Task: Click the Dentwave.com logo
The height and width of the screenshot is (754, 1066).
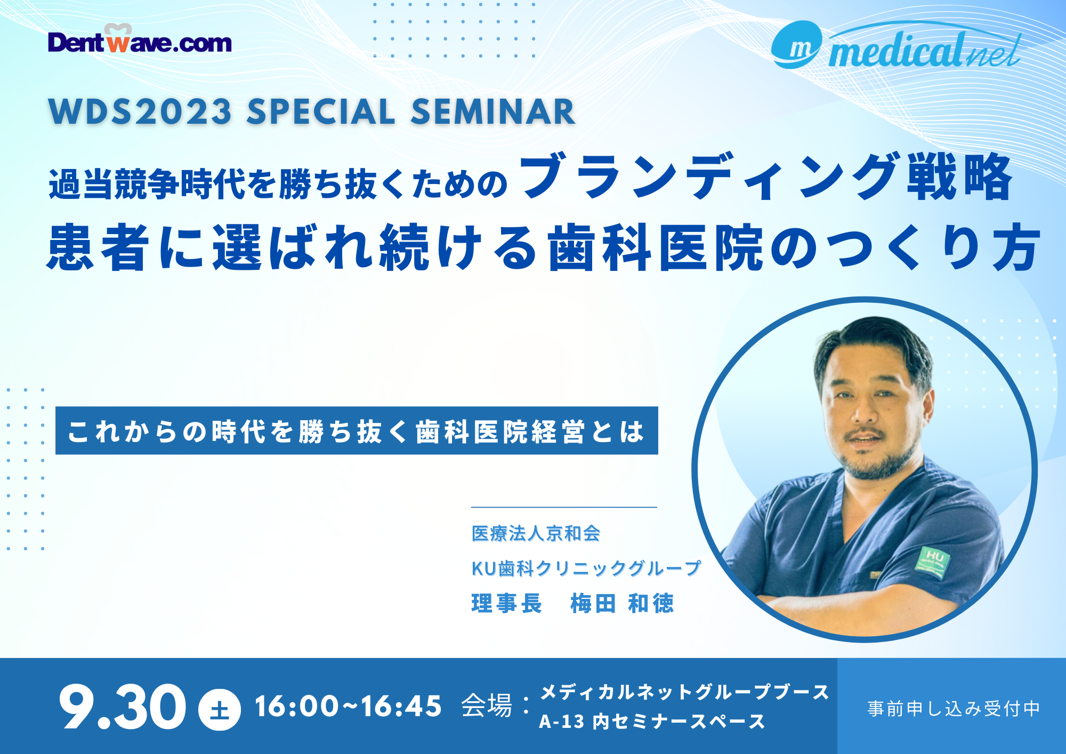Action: click(x=140, y=39)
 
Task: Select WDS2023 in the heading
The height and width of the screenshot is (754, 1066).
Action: click(x=140, y=112)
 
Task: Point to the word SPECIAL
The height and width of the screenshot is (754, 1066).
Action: click(x=321, y=112)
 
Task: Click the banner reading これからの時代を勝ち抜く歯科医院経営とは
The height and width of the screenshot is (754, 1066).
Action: click(x=357, y=431)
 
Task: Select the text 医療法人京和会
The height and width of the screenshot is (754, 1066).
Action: click(x=536, y=533)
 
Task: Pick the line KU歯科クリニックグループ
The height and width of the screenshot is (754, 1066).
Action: click(x=586, y=568)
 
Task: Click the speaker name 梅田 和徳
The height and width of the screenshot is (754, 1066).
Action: click(x=622, y=604)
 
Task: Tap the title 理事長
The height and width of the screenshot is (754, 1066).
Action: click(x=507, y=604)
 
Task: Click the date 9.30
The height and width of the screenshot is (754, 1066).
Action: click(x=123, y=707)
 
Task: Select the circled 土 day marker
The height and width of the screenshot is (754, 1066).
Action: click(x=219, y=710)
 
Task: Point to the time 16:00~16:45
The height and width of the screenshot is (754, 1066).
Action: click(x=349, y=707)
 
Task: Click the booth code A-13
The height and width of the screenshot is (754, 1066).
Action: click(x=562, y=722)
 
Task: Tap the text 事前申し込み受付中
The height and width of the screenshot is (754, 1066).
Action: click(x=954, y=709)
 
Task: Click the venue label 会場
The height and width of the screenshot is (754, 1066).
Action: click(x=487, y=706)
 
